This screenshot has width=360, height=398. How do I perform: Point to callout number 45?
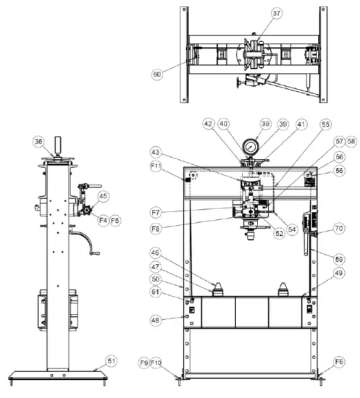pos(104,195)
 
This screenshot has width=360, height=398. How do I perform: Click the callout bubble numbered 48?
pos(177,318)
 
